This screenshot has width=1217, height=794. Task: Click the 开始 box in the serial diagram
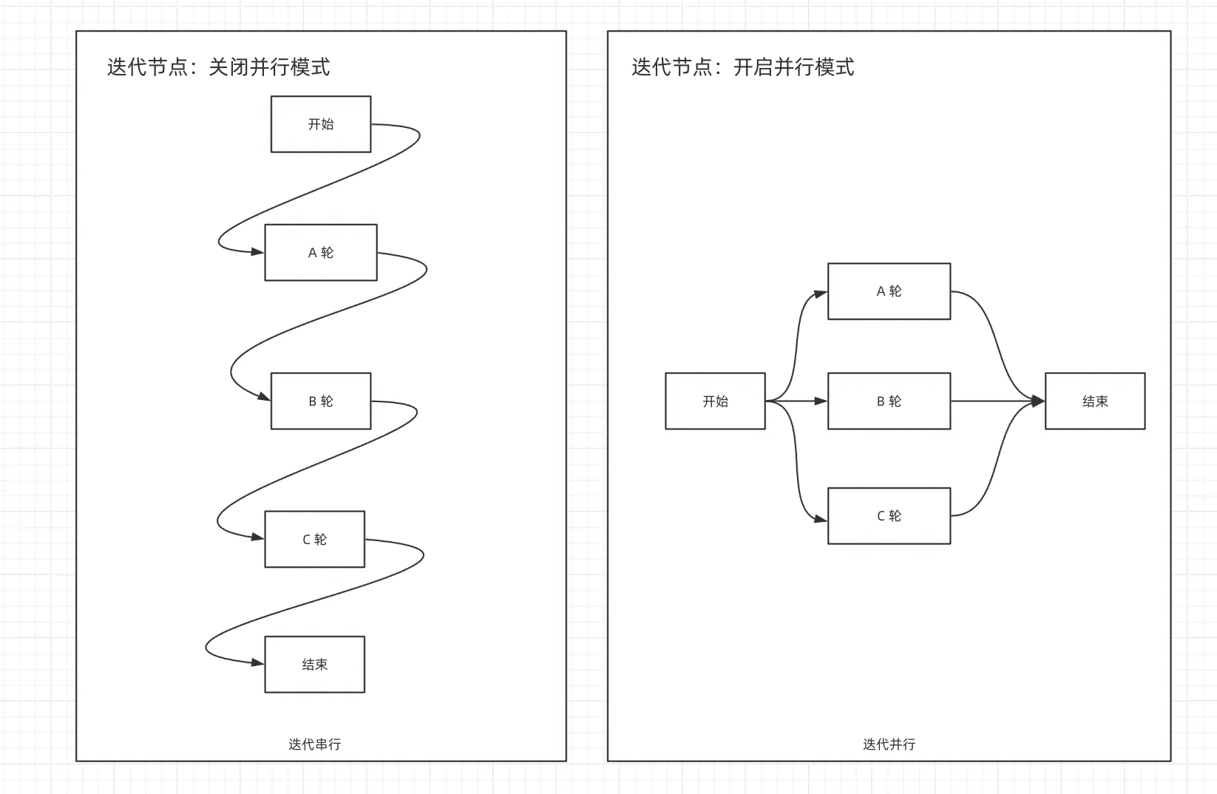321,124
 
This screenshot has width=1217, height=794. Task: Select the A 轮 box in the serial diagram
321,253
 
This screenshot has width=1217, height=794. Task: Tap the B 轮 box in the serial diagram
321,401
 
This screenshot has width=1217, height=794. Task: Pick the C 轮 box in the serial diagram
315,540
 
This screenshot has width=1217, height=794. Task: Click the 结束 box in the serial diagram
315,665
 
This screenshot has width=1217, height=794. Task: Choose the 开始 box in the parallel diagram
715,401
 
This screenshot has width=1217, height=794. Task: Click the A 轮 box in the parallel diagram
889,291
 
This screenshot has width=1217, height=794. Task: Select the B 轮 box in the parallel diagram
889,401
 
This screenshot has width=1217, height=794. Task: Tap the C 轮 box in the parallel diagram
889,516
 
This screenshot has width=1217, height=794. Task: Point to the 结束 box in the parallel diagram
1095,401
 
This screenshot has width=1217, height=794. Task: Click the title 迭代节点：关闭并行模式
218,67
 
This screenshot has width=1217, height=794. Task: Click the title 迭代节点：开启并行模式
742,67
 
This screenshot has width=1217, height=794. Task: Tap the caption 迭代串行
315,744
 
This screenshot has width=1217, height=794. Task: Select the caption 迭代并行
889,744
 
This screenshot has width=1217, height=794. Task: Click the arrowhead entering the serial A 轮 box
257,252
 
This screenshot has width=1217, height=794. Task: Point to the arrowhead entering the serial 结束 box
257,663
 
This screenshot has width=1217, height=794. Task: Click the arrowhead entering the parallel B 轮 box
821,401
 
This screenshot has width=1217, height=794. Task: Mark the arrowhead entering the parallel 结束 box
1038,401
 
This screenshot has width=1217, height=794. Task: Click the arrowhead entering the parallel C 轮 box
821,519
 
